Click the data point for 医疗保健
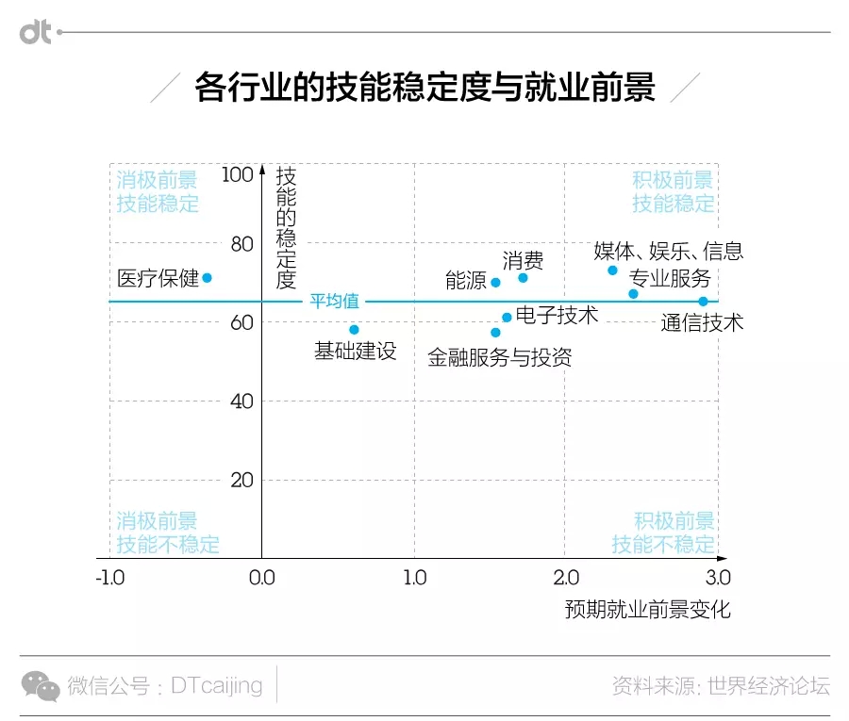[207, 277]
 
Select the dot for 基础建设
[354, 330]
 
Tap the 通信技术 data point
[703, 302]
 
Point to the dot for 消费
[523, 277]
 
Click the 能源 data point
[495, 282]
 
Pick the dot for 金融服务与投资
[495, 332]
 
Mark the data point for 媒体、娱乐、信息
[612, 270]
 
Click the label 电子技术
[557, 315]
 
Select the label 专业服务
[670, 278]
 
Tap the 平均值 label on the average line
[335, 302]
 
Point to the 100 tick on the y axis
[238, 174]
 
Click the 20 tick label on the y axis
[242, 480]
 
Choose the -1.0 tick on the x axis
[109, 577]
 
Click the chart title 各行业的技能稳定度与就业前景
[424, 88]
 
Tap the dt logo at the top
[36, 33]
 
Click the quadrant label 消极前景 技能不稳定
[168, 533]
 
